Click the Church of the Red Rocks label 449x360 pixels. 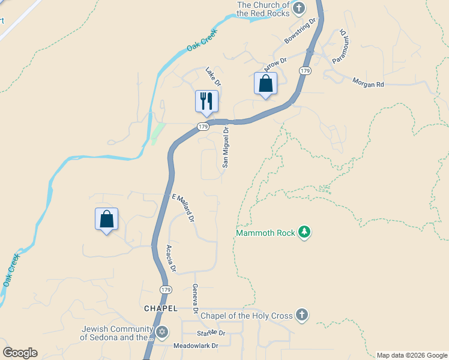point(264,9)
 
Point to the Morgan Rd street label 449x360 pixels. point(367,84)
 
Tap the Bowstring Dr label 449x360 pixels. point(300,32)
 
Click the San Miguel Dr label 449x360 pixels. point(226,146)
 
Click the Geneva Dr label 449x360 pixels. point(195,299)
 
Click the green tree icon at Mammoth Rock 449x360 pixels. point(304,232)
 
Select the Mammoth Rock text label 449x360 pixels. point(266,233)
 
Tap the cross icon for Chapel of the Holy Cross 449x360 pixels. point(302,315)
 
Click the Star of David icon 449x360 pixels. point(161,332)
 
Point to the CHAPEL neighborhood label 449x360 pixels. point(161,308)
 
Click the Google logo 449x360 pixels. point(20,353)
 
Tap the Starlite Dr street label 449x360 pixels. point(211,333)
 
